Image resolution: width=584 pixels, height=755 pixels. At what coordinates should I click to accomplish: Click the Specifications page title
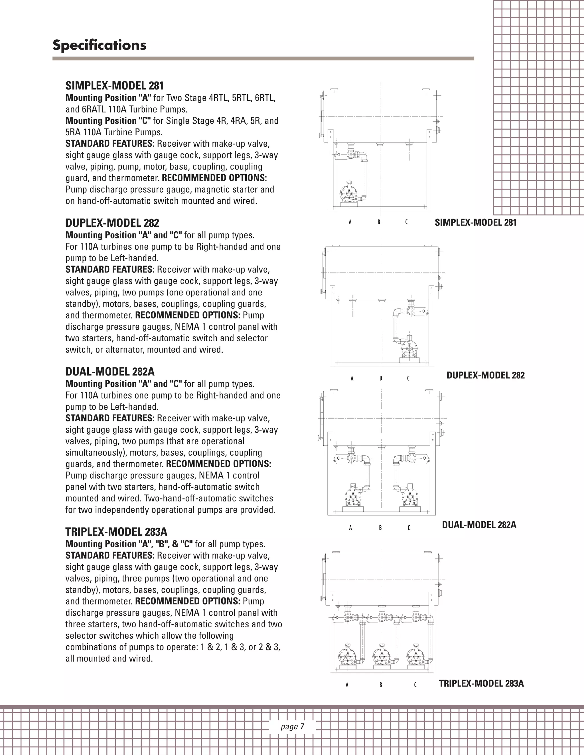tap(99, 45)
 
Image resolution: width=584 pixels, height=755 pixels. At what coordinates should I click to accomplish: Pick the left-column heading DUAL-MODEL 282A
tap(110, 372)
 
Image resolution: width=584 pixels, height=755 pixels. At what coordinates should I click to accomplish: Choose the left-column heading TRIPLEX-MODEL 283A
tap(116, 532)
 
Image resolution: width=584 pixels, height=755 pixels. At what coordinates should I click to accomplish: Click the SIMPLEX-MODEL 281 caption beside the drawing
tap(475, 222)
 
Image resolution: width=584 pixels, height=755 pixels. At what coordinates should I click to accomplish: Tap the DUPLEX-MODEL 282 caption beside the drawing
tap(485, 375)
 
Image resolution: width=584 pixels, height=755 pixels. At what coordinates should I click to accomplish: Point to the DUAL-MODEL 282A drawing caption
tap(479, 525)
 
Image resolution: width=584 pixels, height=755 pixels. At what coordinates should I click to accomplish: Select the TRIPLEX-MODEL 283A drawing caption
tap(481, 683)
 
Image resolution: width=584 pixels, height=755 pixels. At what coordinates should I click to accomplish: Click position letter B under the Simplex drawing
tap(379, 222)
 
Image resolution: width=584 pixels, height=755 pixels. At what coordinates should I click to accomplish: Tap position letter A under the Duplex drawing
tap(352, 378)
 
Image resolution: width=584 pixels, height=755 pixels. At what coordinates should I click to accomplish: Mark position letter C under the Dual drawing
tap(409, 528)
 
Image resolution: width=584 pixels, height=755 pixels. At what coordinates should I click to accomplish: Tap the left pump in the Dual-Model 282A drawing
tap(353, 498)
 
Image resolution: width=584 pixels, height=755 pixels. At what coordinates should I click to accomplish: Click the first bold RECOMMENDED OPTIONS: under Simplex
tap(214, 178)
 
